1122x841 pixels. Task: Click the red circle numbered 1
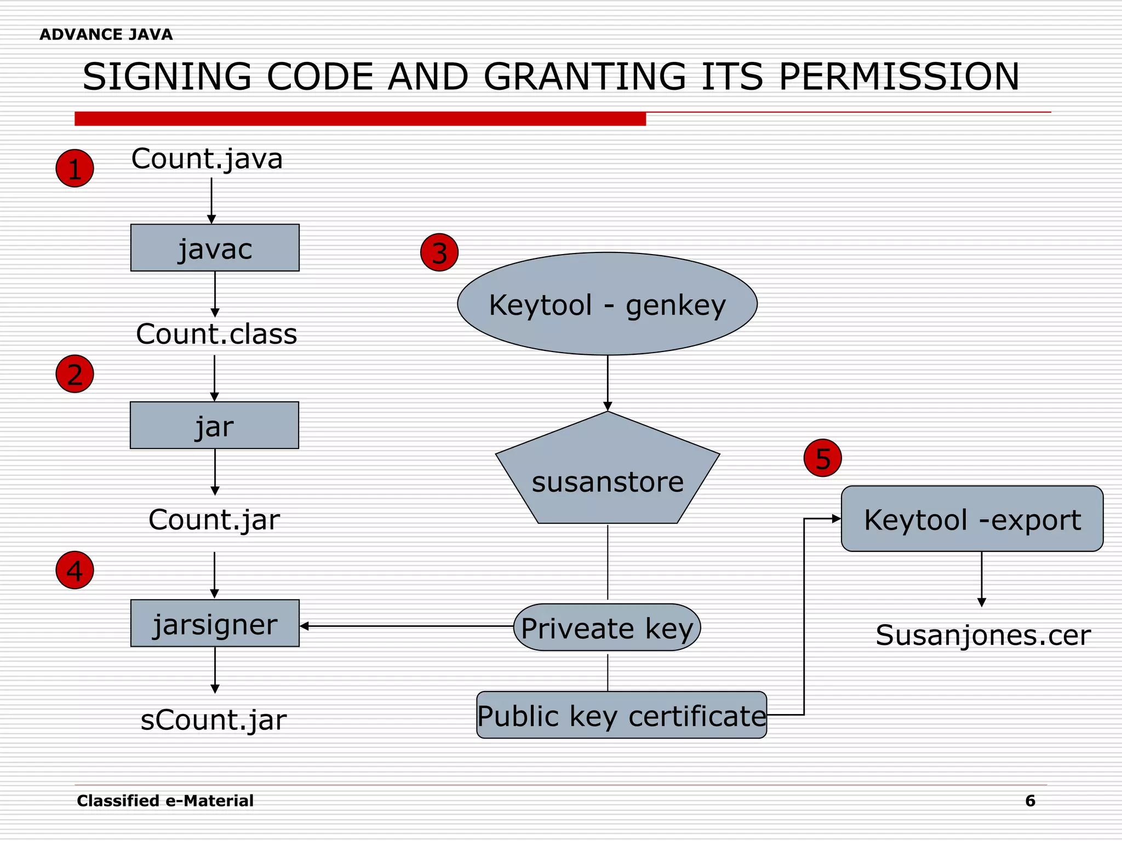tap(75, 168)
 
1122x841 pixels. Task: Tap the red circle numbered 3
tap(439, 252)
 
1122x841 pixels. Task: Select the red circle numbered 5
tap(822, 458)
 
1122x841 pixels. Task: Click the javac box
tap(215, 248)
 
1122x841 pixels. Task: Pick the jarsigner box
tap(215, 623)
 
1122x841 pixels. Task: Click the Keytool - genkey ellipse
tap(607, 304)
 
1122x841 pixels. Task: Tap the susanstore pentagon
tap(607, 476)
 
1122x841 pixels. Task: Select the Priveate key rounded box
tap(607, 627)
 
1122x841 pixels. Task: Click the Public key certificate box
tap(621, 715)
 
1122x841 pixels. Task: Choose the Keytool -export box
tap(972, 519)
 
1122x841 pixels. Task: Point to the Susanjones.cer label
tap(983, 635)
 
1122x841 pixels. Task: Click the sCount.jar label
tap(214, 719)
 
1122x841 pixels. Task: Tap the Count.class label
tap(216, 334)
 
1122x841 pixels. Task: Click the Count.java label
tap(207, 159)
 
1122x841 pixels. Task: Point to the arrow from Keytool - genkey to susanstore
tap(608, 383)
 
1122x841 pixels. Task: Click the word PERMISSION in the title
tap(899, 77)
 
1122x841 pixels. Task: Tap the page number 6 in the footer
tap(1030, 801)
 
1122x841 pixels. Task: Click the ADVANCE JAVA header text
tap(106, 34)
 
